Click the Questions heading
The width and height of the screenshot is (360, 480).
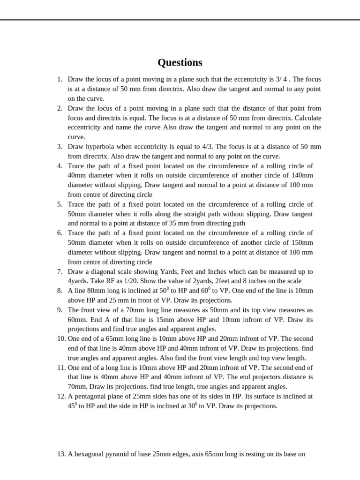[180, 63]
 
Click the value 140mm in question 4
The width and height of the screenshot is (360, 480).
[301, 175]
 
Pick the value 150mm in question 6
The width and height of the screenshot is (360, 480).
[301, 243]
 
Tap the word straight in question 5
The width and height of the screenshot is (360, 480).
[202, 214]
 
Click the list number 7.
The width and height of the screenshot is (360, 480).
[60, 271]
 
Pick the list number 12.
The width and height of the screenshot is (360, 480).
[61, 397]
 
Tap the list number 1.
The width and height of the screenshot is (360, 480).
[60, 79]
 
